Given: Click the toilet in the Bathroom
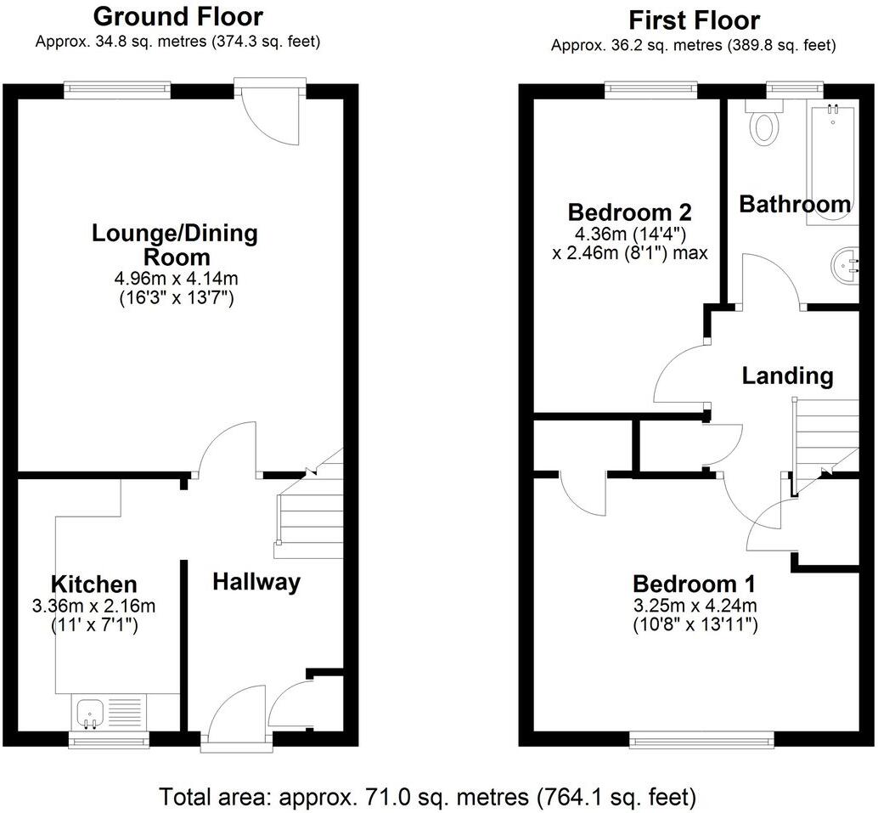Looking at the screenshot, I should tap(764, 124).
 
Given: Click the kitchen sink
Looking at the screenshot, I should tap(88, 712).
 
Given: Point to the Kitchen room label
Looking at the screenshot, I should tap(93, 584).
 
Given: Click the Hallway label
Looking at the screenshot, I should tap(256, 582).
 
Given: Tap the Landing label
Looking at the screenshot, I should tap(787, 375).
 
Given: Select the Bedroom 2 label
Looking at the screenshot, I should tap(629, 212).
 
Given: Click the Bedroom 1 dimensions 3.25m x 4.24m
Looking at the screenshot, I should tap(694, 606).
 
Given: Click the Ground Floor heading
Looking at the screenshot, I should tap(177, 16).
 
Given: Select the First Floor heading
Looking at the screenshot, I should tap(693, 20).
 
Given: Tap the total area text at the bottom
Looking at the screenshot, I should tap(428, 797).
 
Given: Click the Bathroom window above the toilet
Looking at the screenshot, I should tap(795, 88).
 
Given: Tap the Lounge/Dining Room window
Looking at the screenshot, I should tap(118, 88).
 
